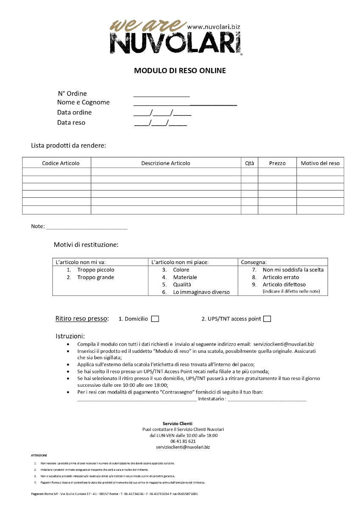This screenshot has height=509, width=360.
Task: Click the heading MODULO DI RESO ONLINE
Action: (x=180, y=70)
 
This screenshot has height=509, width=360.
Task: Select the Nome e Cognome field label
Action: (x=83, y=102)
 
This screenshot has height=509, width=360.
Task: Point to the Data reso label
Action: (x=71, y=123)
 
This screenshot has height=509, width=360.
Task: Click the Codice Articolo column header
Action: (x=61, y=163)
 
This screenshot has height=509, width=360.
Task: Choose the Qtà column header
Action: (x=250, y=163)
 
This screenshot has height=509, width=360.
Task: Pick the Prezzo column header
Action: (x=277, y=163)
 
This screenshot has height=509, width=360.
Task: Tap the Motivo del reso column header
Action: (x=320, y=163)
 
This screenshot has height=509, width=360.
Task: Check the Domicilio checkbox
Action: (x=155, y=319)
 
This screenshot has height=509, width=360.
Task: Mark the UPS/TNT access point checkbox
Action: (x=267, y=319)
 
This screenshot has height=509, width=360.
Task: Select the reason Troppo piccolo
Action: (x=95, y=270)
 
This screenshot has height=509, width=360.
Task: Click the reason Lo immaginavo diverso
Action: (x=201, y=292)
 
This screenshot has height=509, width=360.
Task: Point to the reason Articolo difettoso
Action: (x=284, y=284)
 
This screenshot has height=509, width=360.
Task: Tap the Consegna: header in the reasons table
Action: (x=254, y=262)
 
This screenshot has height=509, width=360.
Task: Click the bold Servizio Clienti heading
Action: (x=177, y=423)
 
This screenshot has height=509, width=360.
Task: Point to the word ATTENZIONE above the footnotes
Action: (x=39, y=455)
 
